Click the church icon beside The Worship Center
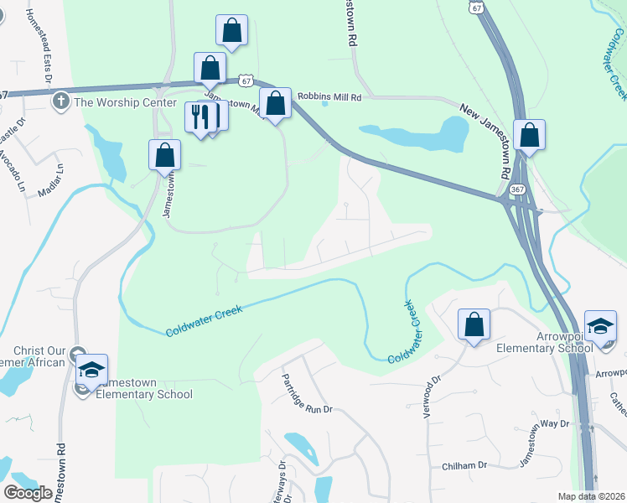click(60, 102)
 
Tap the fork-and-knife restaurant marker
click(199, 117)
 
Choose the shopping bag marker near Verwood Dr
click(474, 324)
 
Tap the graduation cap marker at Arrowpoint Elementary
click(600, 324)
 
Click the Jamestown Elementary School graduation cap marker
click(91, 369)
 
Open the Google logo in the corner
click(28, 492)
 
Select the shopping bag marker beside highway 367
click(530, 134)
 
